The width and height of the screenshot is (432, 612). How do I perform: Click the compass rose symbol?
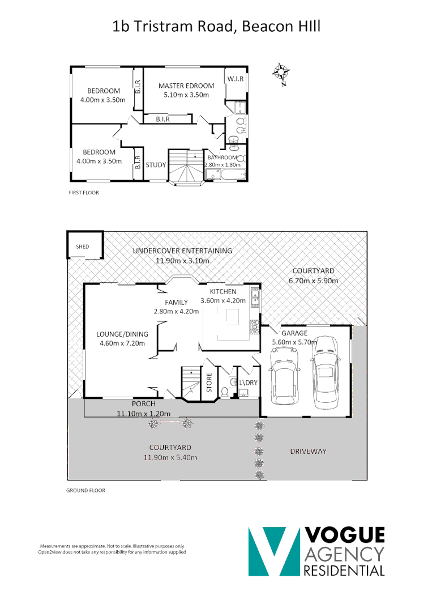pyautogui.click(x=281, y=73)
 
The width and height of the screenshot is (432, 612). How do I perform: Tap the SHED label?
pyautogui.click(x=83, y=247)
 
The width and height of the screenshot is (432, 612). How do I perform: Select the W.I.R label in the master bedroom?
pyautogui.click(x=235, y=79)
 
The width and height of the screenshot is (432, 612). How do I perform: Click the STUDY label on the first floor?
pyautogui.click(x=156, y=165)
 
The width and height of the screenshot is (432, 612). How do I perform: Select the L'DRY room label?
pyautogui.click(x=248, y=382)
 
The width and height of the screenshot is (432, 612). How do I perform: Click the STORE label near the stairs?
pyautogui.click(x=209, y=382)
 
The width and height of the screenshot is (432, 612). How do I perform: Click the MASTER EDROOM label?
pyautogui.click(x=186, y=86)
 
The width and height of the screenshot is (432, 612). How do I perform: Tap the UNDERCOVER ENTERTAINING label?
pyautogui.click(x=182, y=251)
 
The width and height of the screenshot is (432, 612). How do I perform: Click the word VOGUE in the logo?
pyautogui.click(x=344, y=535)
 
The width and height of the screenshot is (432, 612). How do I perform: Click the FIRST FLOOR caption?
pyautogui.click(x=83, y=193)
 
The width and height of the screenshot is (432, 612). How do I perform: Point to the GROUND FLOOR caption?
pyautogui.click(x=85, y=491)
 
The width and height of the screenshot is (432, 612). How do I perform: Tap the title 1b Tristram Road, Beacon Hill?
pyautogui.click(x=216, y=26)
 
